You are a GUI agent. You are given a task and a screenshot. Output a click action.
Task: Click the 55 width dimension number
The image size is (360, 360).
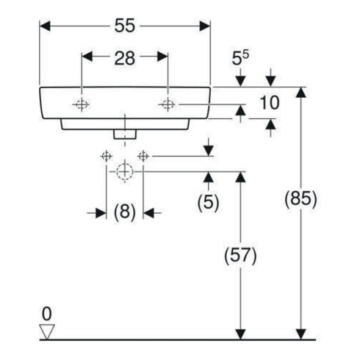(125, 26)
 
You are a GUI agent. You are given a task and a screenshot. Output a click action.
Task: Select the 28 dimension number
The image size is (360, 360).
(125, 58)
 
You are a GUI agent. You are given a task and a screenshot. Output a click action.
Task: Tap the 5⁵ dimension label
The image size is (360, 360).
(240, 58)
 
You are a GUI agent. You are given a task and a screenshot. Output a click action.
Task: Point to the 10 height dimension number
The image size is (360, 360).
(270, 103)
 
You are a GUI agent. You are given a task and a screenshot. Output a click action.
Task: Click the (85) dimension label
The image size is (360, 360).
(300, 198)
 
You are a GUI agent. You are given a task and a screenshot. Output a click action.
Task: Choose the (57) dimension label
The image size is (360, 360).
(240, 256)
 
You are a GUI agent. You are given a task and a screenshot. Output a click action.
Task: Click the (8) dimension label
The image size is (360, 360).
(125, 212)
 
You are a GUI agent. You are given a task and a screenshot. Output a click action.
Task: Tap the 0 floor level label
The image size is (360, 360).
(47, 314)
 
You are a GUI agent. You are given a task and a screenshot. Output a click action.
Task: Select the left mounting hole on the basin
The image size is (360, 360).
(82, 104)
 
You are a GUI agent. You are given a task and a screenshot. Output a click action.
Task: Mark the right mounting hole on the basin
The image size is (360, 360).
(168, 104)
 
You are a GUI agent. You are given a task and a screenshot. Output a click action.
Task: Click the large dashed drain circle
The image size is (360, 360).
(125, 172)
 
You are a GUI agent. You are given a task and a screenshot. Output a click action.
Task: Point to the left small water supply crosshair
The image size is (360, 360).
(107, 156)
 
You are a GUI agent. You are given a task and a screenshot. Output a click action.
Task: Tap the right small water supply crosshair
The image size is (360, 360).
(143, 156)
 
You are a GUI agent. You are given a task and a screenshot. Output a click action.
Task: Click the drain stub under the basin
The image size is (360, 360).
(125, 134)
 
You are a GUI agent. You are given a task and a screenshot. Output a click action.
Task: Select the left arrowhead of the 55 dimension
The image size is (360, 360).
(45, 26)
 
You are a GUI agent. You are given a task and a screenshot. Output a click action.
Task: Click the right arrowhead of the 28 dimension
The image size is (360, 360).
(162, 57)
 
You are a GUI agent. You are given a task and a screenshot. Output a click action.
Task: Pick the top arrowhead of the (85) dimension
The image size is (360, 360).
(301, 93)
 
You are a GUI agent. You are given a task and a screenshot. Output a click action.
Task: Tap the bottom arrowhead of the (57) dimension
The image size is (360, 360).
(240, 334)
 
